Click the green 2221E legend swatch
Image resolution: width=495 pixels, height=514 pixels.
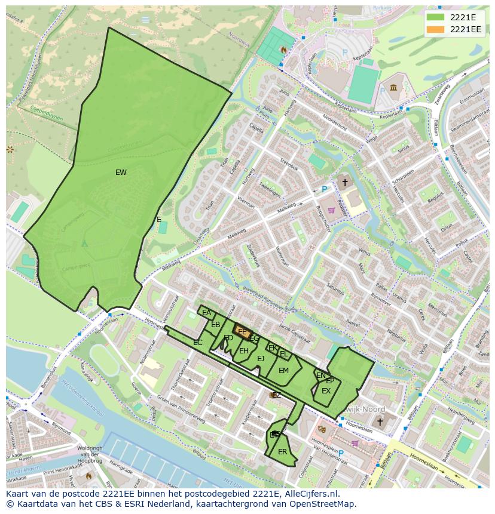(436, 17)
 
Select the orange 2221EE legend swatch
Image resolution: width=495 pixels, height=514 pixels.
(436, 29)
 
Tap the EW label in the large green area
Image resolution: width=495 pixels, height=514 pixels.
(121, 173)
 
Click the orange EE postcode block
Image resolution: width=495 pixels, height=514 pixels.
(243, 332)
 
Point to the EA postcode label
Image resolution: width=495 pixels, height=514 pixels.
(206, 313)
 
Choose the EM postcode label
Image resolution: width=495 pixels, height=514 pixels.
(283, 371)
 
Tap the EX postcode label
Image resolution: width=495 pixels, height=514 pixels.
(326, 391)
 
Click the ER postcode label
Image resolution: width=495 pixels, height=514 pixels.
(282, 452)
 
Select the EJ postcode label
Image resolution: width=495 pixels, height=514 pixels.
(261, 359)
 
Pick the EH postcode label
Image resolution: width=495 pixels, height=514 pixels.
(243, 351)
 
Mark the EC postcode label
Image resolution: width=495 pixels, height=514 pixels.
(198, 343)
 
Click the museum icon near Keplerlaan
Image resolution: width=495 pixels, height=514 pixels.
(393, 88)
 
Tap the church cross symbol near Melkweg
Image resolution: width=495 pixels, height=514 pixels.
(344, 181)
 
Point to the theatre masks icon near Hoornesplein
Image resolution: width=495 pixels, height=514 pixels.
(322, 428)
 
